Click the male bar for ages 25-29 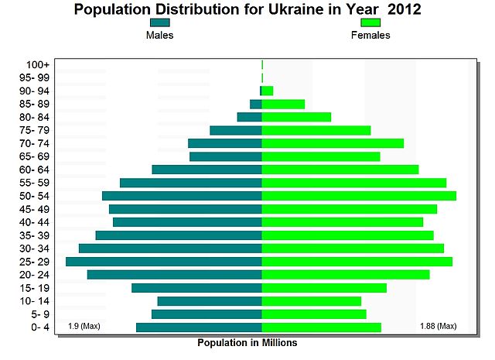tap(164, 262)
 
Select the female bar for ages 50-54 tap(359, 196)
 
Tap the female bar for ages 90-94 tap(268, 91)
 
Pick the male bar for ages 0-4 tap(199, 327)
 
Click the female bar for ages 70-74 tap(333, 143)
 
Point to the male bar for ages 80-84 tap(249, 117)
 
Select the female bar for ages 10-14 tap(312, 301)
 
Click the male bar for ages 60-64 tap(207, 170)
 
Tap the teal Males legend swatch tap(159, 22)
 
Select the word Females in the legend tap(370, 36)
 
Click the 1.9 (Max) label tap(84, 326)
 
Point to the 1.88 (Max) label tap(438, 326)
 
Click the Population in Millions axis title tap(247, 342)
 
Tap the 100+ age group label tap(38, 64)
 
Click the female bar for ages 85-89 tap(283, 104)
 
